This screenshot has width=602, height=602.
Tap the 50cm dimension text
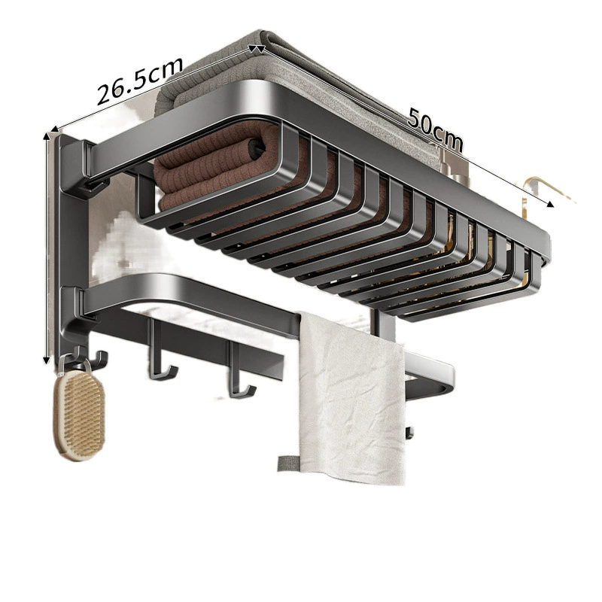click(x=435, y=129)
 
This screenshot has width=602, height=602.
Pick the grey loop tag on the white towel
click(x=288, y=463)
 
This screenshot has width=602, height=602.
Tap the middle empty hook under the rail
click(x=160, y=357)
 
